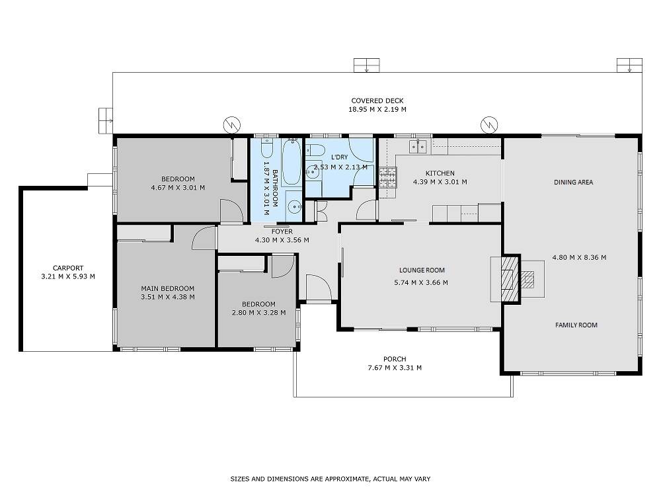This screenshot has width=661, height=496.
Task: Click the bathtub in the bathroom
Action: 292,163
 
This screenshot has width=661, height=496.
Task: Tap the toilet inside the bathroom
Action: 267,147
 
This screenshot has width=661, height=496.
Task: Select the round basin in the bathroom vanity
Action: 294,206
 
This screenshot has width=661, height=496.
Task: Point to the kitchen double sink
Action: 418,147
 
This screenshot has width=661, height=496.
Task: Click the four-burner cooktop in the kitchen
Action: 388,177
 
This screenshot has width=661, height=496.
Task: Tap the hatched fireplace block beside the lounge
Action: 510,278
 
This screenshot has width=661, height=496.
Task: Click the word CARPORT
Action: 68,268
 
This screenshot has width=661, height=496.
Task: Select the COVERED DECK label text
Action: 377,101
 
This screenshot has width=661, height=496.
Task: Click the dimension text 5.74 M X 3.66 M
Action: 420,282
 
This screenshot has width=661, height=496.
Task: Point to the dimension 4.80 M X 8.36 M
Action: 579,257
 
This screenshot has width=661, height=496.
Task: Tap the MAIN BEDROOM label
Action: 168,288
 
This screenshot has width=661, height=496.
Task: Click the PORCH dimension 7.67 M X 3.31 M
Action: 395,368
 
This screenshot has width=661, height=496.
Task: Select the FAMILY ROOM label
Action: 576,325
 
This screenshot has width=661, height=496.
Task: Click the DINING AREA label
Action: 573,183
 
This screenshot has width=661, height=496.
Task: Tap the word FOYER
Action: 282,231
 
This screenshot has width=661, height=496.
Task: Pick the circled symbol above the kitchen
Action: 489,124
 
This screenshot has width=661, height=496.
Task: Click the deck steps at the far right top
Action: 629,65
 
